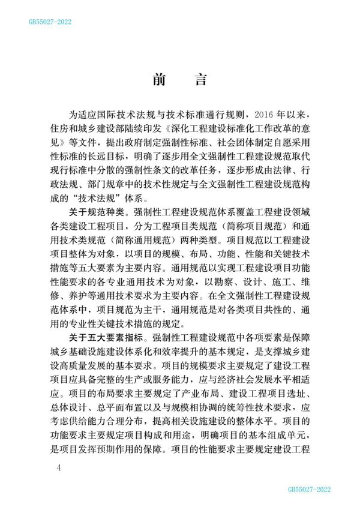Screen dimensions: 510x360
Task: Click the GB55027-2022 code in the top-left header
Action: [x=50, y=22]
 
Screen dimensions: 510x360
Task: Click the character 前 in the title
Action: [x=160, y=80]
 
